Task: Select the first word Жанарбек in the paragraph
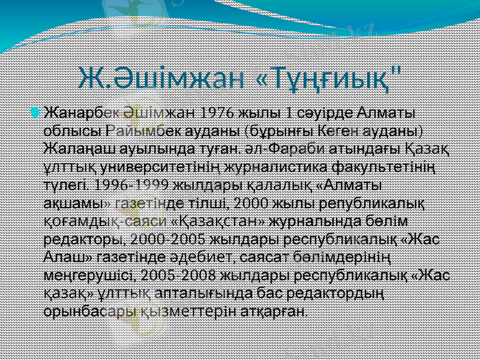82,113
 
